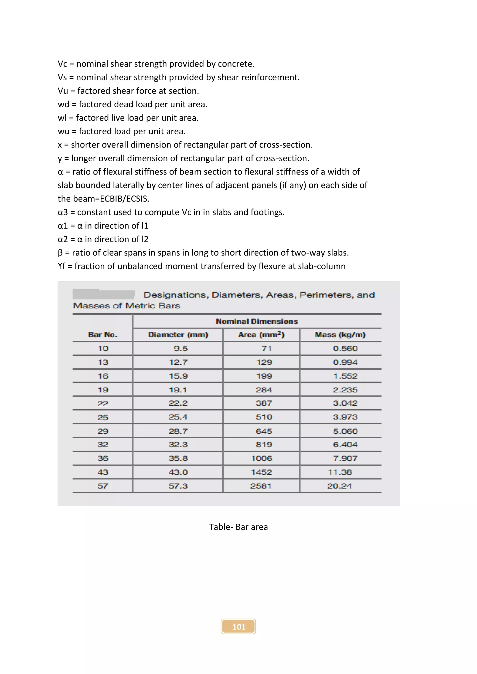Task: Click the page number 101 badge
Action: pos(238,627)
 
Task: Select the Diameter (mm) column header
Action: pos(178,335)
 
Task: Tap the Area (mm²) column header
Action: pos(261,335)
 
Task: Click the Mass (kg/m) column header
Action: pos(340,335)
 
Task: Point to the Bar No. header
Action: pos(102,335)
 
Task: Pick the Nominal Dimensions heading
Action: pos(257,321)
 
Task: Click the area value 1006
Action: pos(261,458)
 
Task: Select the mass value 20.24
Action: pos(339,486)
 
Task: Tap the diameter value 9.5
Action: pos(181,348)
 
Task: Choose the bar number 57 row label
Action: pos(102,486)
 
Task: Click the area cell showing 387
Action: pos(264,403)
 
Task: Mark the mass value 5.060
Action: pos(345,431)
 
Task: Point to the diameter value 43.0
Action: pos(178,472)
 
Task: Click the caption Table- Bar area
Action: pos(238,527)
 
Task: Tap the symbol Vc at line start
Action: pos(62,64)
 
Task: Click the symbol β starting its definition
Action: pos(60,253)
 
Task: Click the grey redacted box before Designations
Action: pos(104,294)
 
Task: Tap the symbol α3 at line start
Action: pos(63,212)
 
